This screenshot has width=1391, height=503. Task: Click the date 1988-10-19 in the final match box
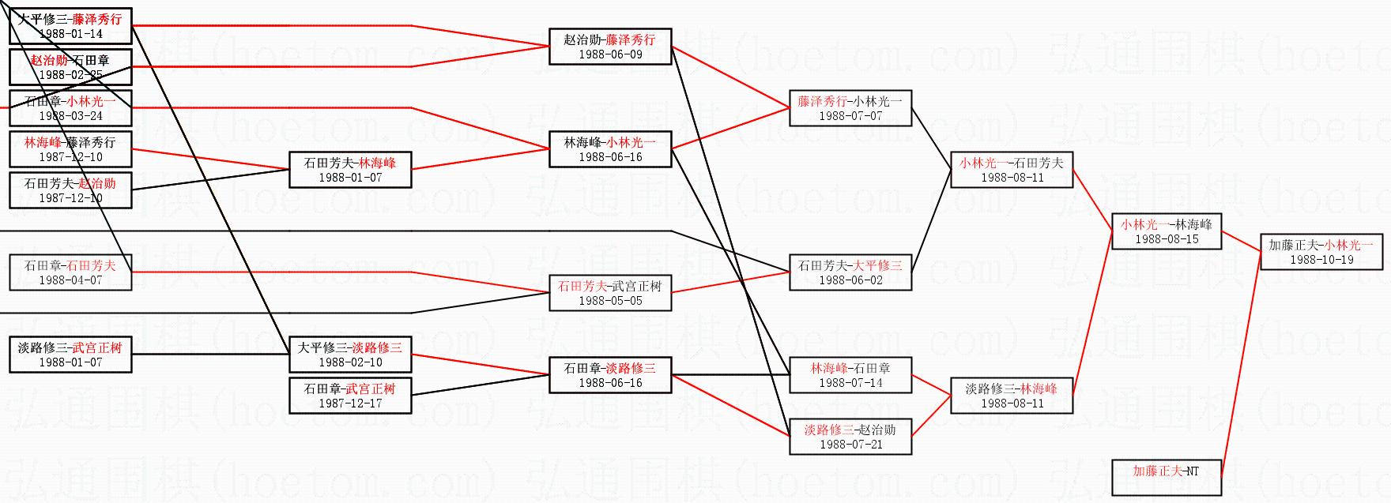click(1321, 260)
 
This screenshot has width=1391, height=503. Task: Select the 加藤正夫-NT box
click(1166, 477)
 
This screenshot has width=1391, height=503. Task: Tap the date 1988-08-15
click(1167, 239)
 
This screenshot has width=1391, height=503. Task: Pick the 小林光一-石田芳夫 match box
click(1012, 170)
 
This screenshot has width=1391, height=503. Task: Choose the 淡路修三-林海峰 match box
click(1012, 396)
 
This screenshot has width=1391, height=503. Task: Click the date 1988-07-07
click(850, 116)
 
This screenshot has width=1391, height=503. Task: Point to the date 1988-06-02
click(850, 280)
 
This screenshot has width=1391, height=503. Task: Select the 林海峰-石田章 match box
click(850, 375)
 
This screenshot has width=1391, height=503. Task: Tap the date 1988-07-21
click(850, 445)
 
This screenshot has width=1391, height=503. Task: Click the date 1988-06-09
click(610, 54)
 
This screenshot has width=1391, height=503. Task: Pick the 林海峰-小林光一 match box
click(610, 149)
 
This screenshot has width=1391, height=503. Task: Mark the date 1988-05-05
click(610, 301)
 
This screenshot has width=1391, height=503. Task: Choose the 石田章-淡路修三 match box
click(610, 375)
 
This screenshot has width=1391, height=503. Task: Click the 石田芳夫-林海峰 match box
click(350, 170)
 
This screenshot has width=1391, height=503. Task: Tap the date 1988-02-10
click(350, 362)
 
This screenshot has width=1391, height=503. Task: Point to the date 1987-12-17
click(350, 404)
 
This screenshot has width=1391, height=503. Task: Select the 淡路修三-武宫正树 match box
click(70, 355)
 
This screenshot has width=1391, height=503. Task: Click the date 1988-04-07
click(70, 280)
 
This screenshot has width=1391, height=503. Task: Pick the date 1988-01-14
click(70, 34)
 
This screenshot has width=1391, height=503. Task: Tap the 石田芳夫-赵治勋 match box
click(70, 190)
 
